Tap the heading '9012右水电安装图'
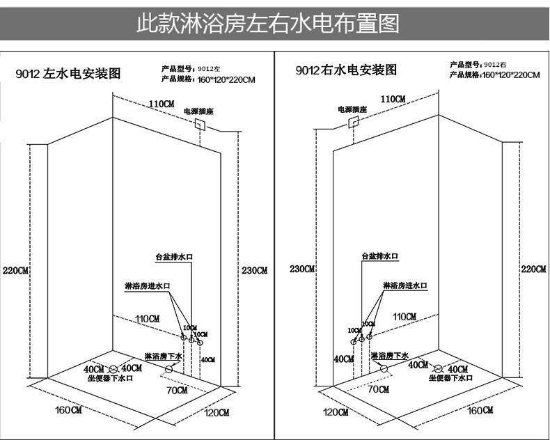(346, 70)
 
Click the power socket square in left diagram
(200, 125)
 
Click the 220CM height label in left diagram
(15, 270)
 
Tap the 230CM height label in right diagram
(302, 269)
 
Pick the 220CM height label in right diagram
(533, 269)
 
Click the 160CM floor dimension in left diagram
(69, 410)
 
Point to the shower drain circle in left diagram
(168, 368)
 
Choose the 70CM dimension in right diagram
(378, 389)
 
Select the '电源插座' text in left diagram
(196, 110)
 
